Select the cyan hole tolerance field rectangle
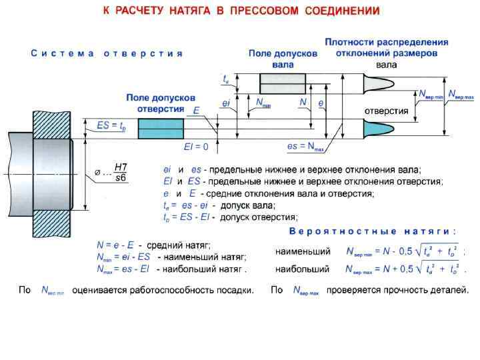point(161,129)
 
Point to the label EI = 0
point(196,146)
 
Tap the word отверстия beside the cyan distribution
point(385,111)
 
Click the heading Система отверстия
point(107,53)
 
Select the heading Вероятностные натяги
point(373,231)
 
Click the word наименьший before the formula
point(303,252)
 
